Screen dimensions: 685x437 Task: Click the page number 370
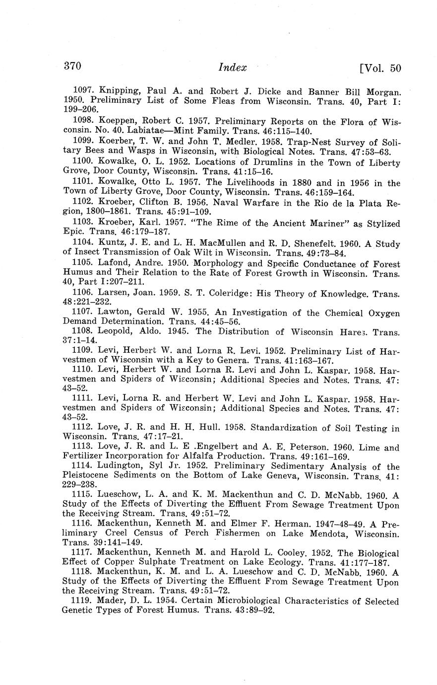point(72,67)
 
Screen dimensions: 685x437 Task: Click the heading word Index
point(232,68)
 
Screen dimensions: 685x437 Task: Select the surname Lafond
point(115,264)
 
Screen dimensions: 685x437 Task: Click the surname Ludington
point(124,466)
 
